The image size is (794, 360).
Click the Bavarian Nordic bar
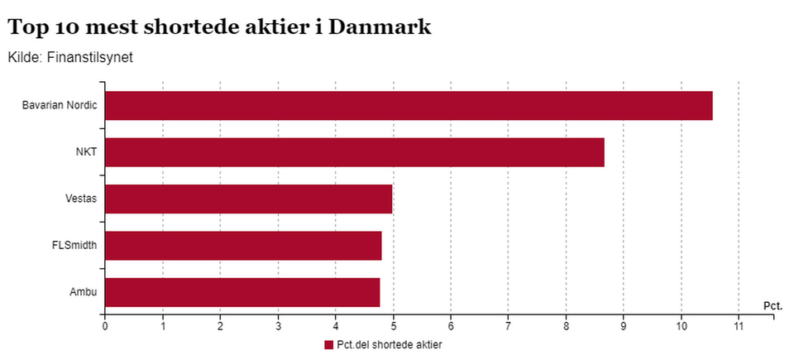pos(409,106)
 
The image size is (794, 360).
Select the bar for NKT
pos(354,152)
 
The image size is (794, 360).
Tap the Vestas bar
pos(248,199)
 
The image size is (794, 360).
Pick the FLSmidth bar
pos(243,246)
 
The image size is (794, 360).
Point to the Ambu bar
pos(242,292)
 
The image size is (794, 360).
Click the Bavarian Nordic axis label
pos(60,106)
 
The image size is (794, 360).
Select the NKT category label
pos(86,152)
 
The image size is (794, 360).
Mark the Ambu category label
pos(85,292)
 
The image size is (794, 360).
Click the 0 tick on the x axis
pos(105,326)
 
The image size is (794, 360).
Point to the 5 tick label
pos(393,326)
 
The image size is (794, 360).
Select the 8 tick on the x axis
pos(566,326)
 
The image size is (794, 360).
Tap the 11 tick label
pos(739,326)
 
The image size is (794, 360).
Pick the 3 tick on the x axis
pos(278,326)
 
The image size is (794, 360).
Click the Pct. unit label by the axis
pos(772,306)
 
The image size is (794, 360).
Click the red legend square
pos(328,344)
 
